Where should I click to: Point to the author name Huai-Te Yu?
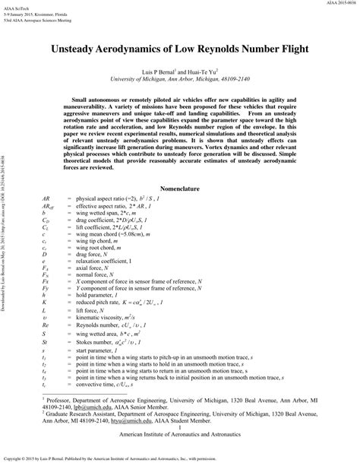click(x=212, y=70)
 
